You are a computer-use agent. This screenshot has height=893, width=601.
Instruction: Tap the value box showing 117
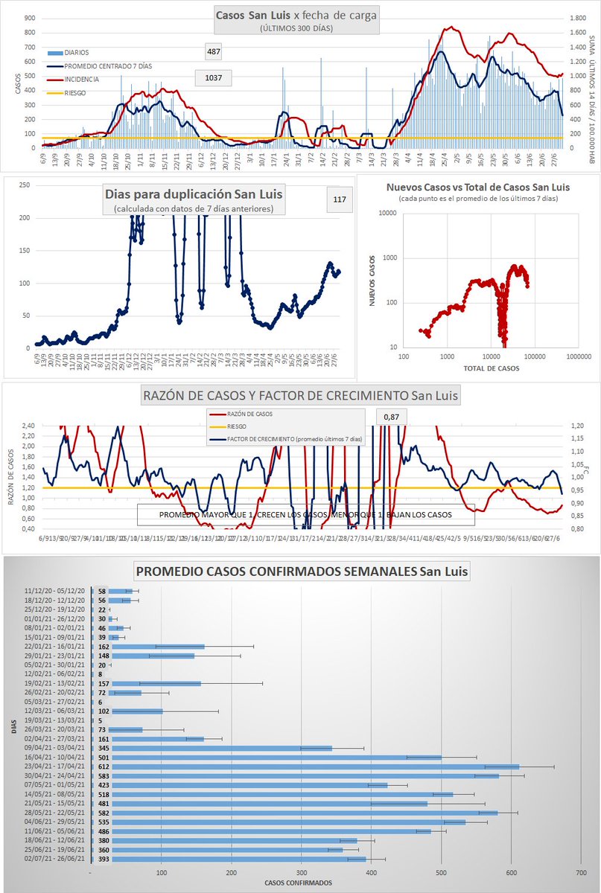tap(340, 199)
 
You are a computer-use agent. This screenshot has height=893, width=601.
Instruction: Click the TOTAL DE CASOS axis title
tap(492, 368)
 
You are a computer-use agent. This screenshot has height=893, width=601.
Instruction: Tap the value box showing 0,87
tap(392, 417)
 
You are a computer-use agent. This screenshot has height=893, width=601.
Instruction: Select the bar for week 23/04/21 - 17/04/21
tap(305, 766)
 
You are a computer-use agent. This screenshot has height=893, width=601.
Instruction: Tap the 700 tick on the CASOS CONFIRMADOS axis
tap(580, 873)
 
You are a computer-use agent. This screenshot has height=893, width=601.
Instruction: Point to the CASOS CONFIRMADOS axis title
tap(299, 883)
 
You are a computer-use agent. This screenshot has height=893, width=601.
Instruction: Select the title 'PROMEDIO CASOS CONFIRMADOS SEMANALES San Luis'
tap(302, 572)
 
